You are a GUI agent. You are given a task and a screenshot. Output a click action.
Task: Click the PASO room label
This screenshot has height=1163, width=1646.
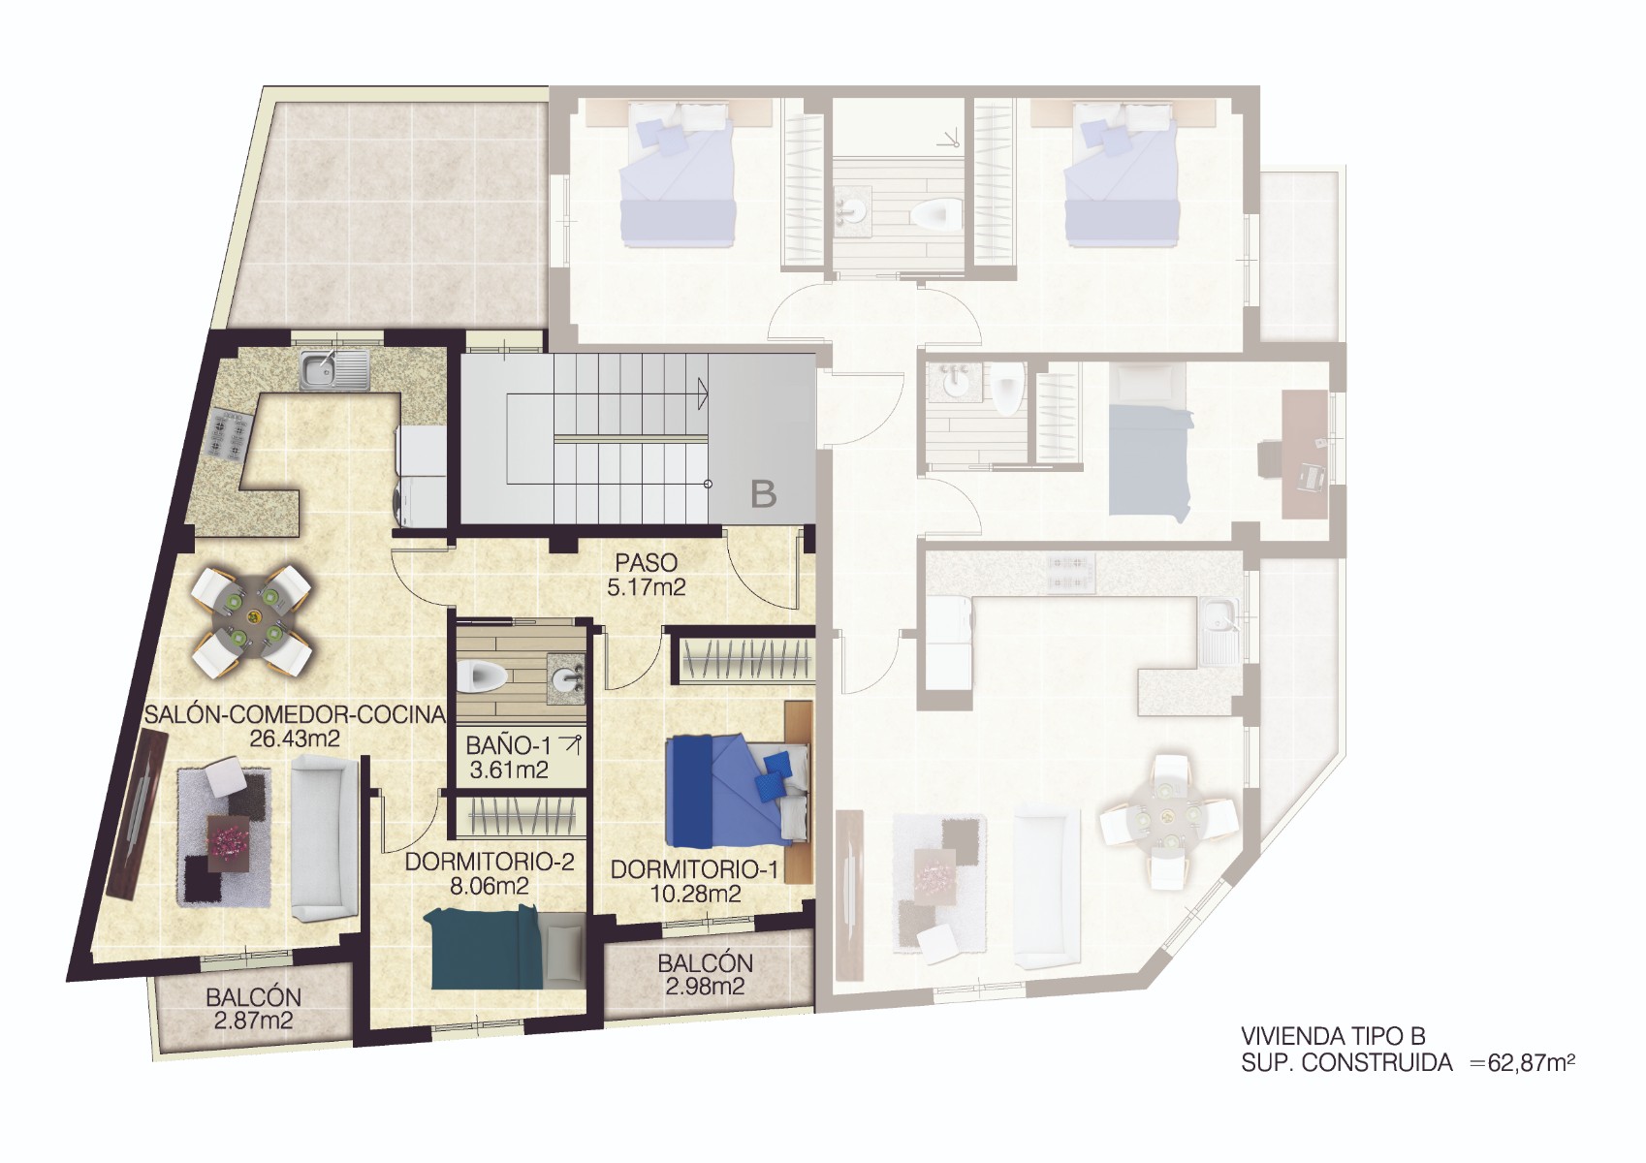(646, 563)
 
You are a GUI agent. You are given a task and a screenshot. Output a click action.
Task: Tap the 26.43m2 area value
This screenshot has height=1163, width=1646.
(295, 739)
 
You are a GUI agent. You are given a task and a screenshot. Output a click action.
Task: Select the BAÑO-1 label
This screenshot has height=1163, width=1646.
(508, 746)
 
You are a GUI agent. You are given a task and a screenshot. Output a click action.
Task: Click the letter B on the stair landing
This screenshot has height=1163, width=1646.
(764, 495)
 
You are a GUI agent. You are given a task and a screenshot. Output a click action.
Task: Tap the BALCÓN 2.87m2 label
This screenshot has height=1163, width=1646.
(253, 1008)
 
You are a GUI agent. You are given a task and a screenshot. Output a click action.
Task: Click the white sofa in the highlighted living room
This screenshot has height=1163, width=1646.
(322, 839)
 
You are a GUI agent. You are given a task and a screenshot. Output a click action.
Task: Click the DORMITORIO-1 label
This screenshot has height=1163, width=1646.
(694, 869)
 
